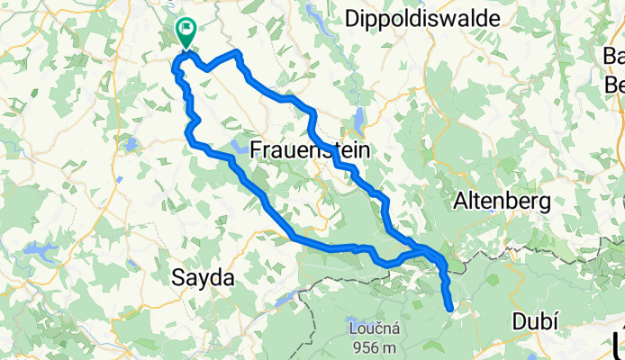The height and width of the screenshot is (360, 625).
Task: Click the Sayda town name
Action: (203, 278)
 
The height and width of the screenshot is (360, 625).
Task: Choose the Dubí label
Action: (536, 321)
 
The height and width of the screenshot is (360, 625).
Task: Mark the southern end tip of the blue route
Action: (449, 310)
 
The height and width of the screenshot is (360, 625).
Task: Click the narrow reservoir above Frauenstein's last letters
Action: (360, 120)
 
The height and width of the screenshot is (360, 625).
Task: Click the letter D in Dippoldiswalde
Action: (352, 17)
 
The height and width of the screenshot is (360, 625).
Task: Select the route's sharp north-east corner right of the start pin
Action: (239, 55)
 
